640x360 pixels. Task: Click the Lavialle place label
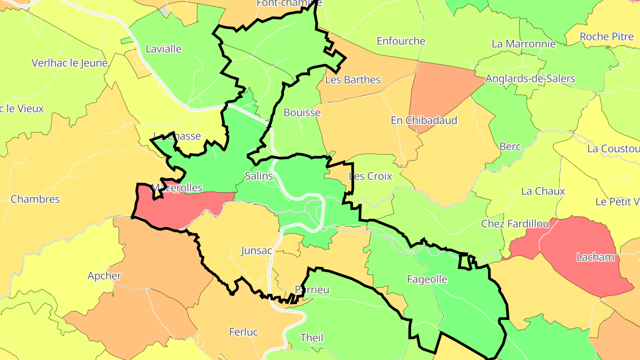(x=164, y=49)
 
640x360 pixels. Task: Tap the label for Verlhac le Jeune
(x=70, y=63)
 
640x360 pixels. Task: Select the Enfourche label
(x=401, y=41)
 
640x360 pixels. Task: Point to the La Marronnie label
(x=524, y=44)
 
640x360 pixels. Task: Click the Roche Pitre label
(x=607, y=36)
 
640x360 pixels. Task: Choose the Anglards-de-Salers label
(x=530, y=79)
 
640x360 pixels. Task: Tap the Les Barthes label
(x=353, y=80)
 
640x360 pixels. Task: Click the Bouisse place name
(x=302, y=113)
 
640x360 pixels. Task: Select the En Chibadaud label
(x=424, y=120)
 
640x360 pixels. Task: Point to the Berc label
(x=510, y=147)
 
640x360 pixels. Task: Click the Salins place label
(x=259, y=176)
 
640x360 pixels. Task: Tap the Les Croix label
(x=371, y=176)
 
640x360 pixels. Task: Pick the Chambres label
(x=35, y=199)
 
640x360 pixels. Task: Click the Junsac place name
(x=256, y=251)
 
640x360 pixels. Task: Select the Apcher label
(x=104, y=276)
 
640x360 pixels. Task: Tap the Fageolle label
(x=427, y=280)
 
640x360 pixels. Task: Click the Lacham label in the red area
(x=595, y=257)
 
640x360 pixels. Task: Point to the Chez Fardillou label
(x=515, y=224)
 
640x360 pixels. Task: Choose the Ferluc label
(x=244, y=332)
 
